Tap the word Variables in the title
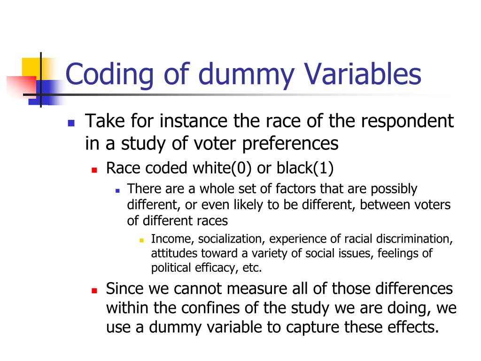tap(363, 74)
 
